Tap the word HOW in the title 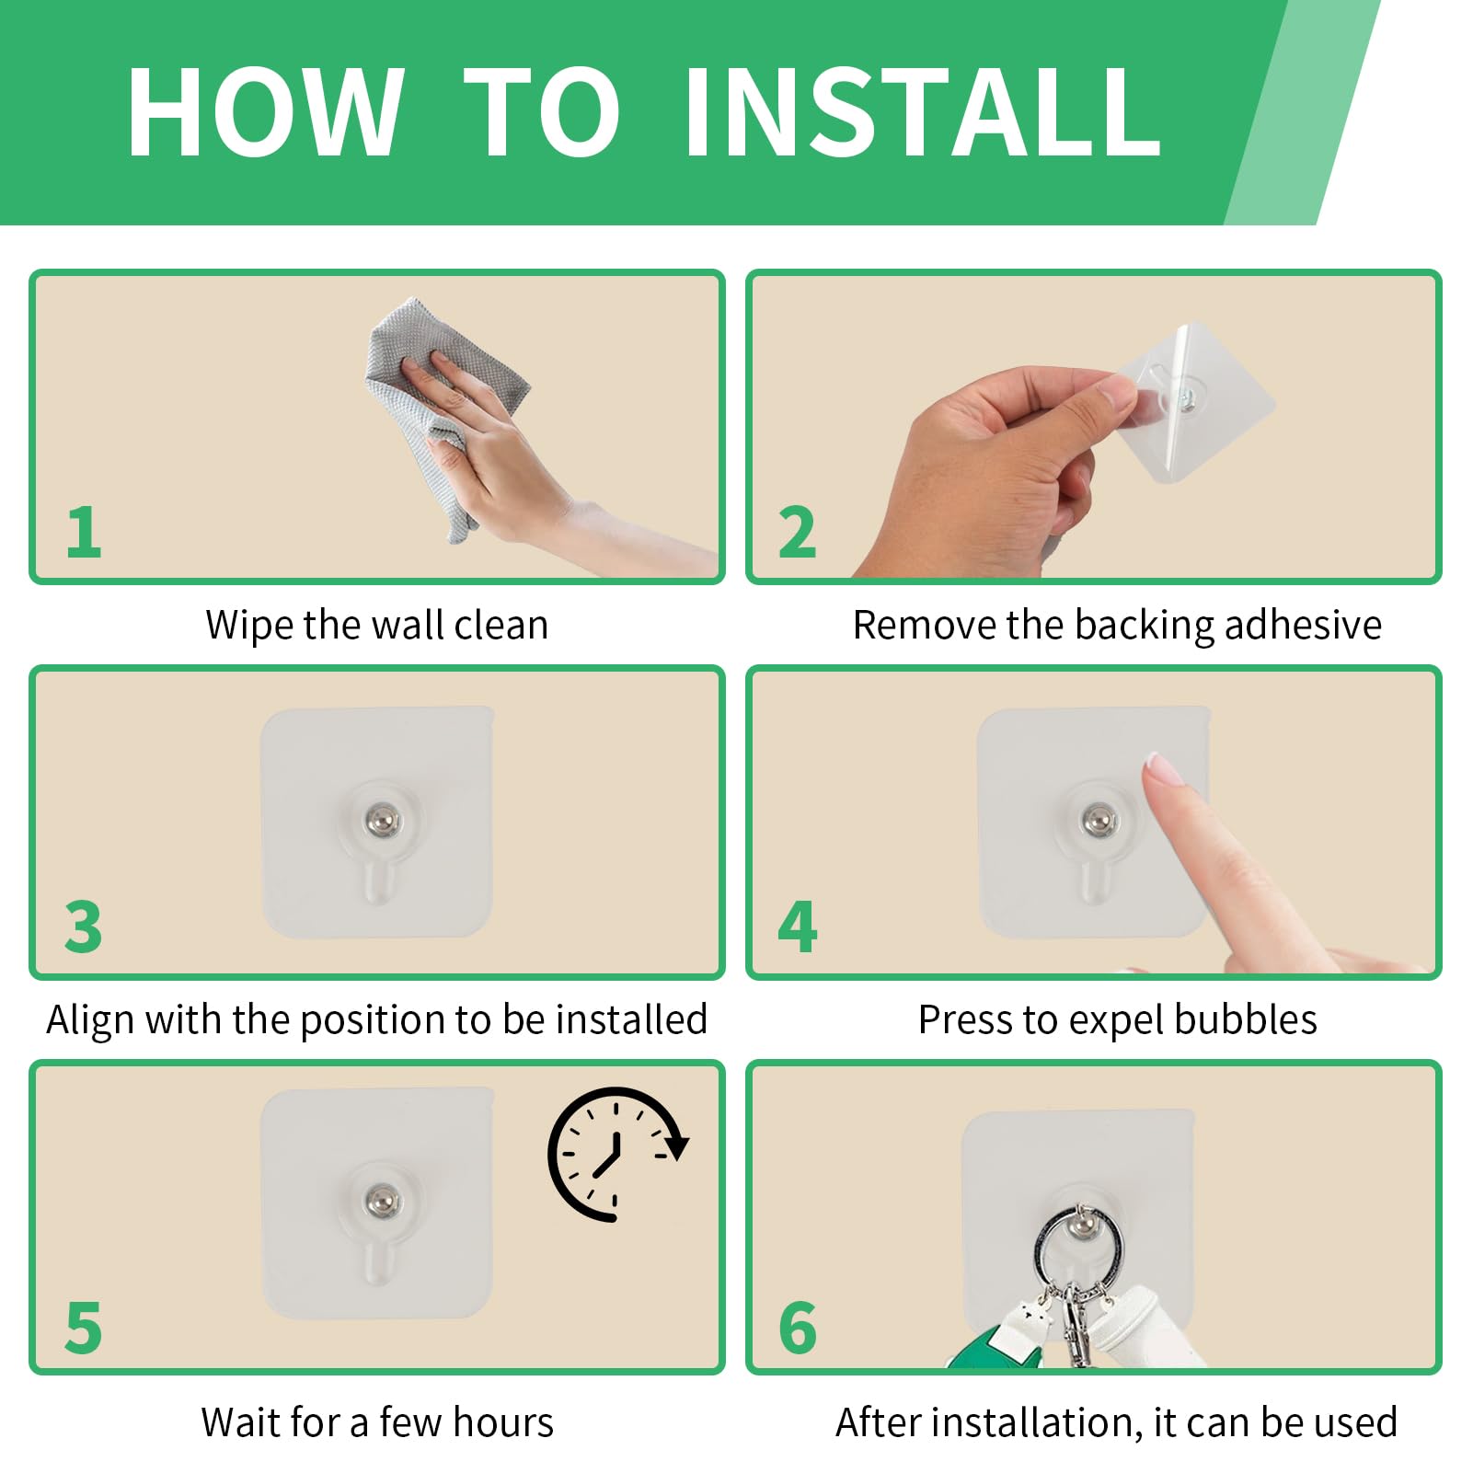[265, 113]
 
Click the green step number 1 [84, 532]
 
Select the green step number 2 [797, 532]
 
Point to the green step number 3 [83, 926]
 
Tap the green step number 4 [797, 926]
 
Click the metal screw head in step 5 [382, 1199]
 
